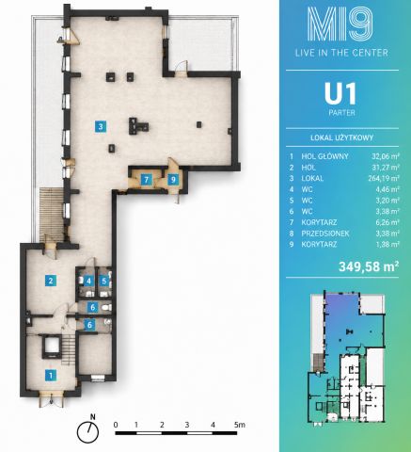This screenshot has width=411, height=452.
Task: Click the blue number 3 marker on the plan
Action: (x=101, y=127)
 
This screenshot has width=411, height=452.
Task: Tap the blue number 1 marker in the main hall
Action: (x=51, y=376)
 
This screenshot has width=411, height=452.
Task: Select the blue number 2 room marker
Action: (x=51, y=281)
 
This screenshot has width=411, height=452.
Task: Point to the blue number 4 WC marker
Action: (x=89, y=281)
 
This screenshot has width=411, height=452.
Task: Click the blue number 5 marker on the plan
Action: (x=104, y=281)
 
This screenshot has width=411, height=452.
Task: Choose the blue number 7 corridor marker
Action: (x=146, y=180)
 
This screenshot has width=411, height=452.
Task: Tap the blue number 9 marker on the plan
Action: (x=173, y=180)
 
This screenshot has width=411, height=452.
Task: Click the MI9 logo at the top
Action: (x=340, y=24)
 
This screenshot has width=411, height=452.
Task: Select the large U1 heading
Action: (x=340, y=94)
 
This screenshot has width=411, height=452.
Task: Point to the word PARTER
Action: (x=341, y=113)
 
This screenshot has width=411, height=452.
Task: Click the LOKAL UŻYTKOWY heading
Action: (x=341, y=137)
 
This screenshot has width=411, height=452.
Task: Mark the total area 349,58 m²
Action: (x=369, y=266)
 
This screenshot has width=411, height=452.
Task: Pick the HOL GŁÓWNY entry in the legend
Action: (x=324, y=156)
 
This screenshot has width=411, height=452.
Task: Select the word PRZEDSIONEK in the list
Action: (x=325, y=234)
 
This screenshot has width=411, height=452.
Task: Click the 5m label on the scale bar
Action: (x=240, y=425)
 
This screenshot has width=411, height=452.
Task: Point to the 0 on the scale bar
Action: (x=116, y=425)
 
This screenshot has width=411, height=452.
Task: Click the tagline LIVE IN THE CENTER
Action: (x=341, y=53)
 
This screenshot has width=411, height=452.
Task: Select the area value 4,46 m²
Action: (x=387, y=189)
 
